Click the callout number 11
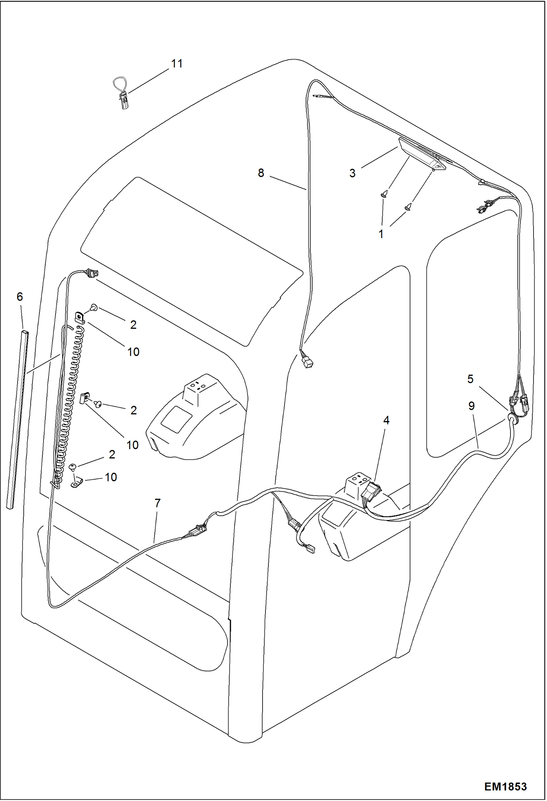(177, 64)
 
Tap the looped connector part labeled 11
(122, 94)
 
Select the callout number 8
(261, 173)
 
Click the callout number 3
(352, 173)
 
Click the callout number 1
(381, 234)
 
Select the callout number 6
(20, 297)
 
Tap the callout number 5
(470, 379)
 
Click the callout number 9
(471, 406)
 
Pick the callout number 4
(386, 420)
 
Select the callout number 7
(157, 503)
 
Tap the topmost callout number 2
(133, 324)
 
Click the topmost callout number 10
(133, 352)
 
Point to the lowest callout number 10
(111, 477)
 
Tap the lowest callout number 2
(112, 454)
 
